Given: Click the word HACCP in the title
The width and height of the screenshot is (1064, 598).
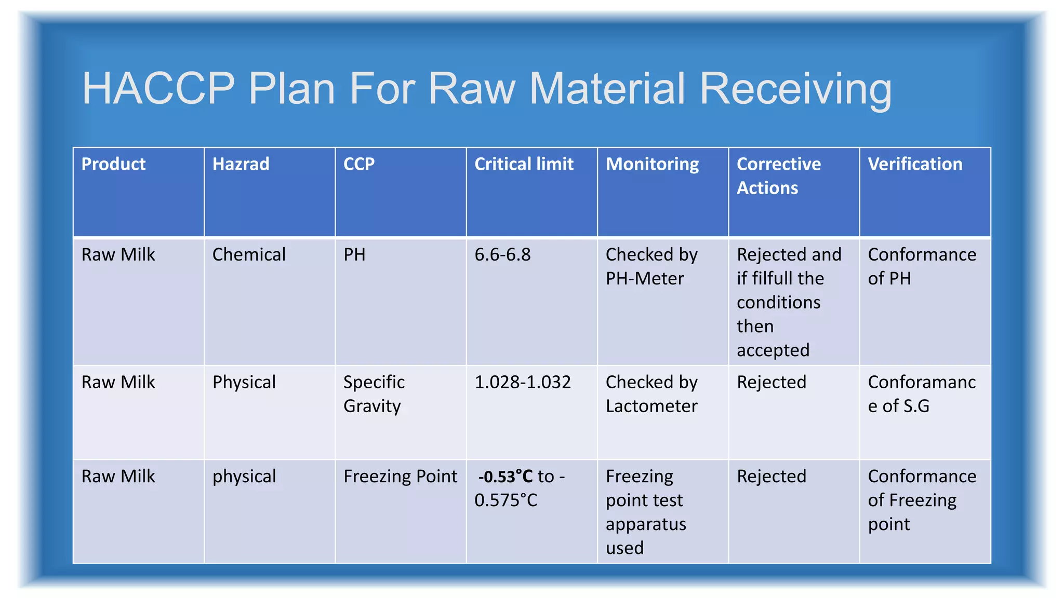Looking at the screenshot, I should point(158,88).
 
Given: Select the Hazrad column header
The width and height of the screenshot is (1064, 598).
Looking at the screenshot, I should point(241,165).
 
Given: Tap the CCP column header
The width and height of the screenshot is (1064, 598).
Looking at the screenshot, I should point(358,165).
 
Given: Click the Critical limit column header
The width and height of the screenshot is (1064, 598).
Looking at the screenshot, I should point(524,165).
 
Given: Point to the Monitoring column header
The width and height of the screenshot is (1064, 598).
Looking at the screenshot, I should point(652,165).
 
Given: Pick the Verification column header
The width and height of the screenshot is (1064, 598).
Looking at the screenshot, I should point(915,165).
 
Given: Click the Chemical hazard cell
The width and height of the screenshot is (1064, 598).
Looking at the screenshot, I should point(249,255).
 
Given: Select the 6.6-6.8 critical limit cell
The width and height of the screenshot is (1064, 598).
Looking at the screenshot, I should point(502,255).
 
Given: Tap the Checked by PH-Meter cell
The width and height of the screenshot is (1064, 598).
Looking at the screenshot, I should point(651,266).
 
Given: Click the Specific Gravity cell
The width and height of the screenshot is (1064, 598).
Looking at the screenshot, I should point(374,394).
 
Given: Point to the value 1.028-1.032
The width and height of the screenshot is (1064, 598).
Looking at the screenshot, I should point(522,383).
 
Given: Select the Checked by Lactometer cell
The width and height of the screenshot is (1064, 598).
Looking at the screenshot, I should point(651,394).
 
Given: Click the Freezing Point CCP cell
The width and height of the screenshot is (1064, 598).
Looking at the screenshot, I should point(400,477).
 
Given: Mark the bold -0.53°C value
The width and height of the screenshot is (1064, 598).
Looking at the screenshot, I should point(505,477).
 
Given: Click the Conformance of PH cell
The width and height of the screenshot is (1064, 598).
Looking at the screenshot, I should point(922,266).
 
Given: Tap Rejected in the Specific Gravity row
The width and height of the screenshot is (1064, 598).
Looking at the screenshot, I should point(771,383).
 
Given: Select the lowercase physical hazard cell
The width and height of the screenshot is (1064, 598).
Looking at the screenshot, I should point(244,477).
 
